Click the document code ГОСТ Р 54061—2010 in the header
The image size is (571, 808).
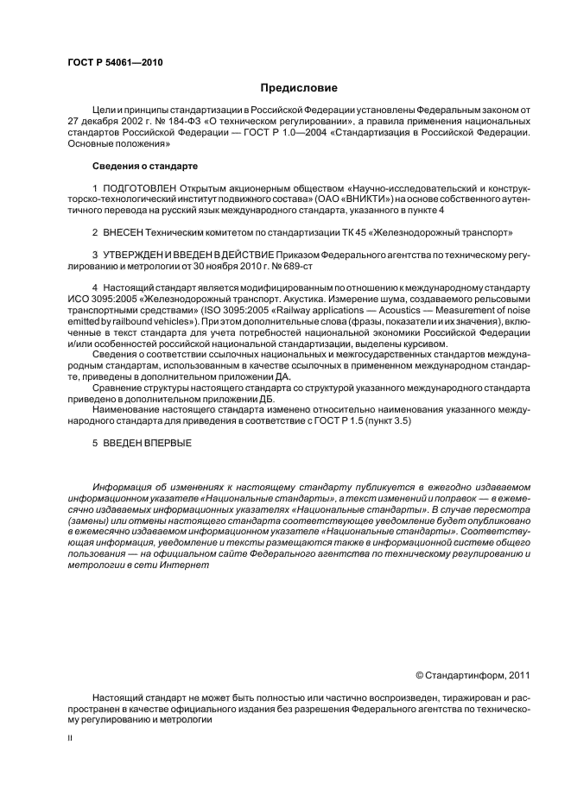[115, 63]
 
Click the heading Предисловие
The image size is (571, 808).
[298, 87]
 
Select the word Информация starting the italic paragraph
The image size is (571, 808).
[124, 488]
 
